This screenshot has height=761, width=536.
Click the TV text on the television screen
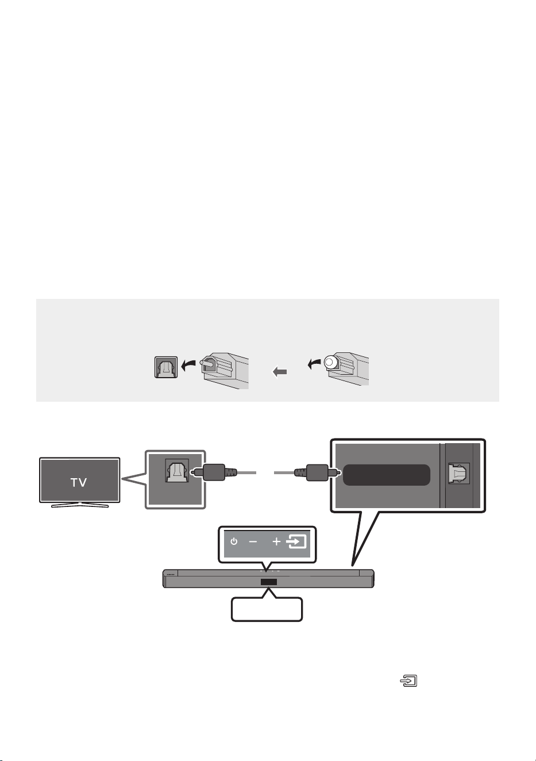pyautogui.click(x=79, y=482)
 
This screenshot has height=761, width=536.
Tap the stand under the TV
pyautogui.click(x=80, y=505)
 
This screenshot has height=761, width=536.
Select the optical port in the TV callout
pyautogui.click(x=176, y=471)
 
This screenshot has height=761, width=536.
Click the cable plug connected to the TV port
pyautogui.click(x=213, y=472)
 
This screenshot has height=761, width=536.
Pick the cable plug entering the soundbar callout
pyautogui.click(x=318, y=472)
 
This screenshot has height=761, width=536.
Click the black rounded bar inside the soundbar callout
pyautogui.click(x=387, y=475)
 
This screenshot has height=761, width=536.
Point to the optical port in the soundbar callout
pyautogui.click(x=459, y=473)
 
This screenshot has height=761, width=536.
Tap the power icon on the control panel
pyautogui.click(x=234, y=541)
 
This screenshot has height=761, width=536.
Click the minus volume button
pyautogui.click(x=253, y=541)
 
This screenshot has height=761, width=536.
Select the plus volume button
pyautogui.click(x=276, y=541)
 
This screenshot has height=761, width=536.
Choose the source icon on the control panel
pyautogui.click(x=296, y=541)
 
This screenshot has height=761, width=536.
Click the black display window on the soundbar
pyautogui.click(x=269, y=582)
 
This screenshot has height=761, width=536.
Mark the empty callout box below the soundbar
pyautogui.click(x=267, y=609)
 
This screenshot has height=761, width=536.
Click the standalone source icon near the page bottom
pyautogui.click(x=408, y=681)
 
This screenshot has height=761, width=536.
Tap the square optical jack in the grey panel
pyautogui.click(x=166, y=367)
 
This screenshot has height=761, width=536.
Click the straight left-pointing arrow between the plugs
pyautogui.click(x=280, y=372)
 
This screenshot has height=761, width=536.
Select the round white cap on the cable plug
pyautogui.click(x=330, y=362)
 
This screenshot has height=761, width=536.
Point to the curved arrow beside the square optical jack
pyautogui.click(x=188, y=366)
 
